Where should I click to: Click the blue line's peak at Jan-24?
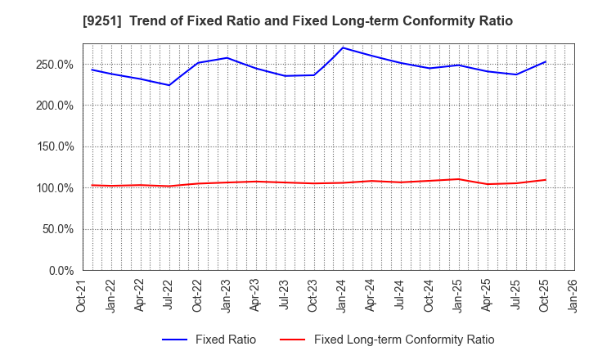(343, 47)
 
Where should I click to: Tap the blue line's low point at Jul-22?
(169, 85)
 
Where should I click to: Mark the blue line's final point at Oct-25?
(545, 61)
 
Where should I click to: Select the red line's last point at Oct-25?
(545, 180)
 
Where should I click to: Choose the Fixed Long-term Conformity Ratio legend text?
(404, 340)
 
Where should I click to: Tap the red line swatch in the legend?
(292, 340)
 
